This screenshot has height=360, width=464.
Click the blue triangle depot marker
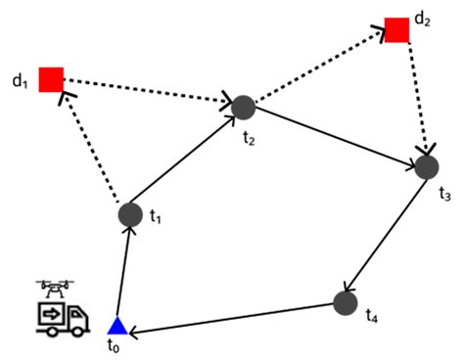coord(116,326)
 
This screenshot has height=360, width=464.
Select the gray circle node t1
coord(130,213)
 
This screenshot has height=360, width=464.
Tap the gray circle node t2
coord(243,107)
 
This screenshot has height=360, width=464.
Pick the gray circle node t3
coord(426,166)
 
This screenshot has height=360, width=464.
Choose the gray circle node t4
coord(344,303)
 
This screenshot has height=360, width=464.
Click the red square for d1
coord(51,79)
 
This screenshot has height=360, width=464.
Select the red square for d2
coord(396,29)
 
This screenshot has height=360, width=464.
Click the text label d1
coord(19,79)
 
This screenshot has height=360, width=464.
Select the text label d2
coord(422,19)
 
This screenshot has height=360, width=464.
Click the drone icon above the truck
coord(56,287)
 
